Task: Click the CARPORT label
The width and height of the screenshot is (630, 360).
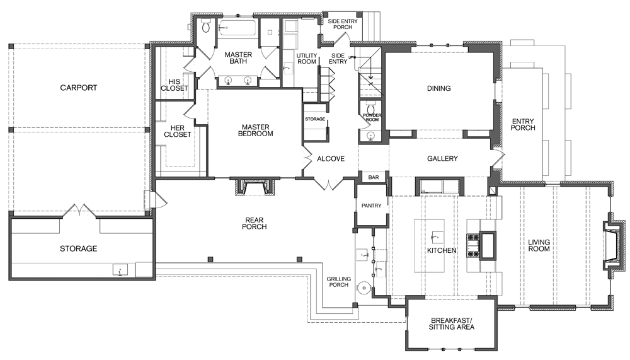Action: [x=79, y=88]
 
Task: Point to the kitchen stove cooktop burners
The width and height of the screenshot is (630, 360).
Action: [x=472, y=245]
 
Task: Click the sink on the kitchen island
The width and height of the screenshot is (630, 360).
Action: [x=434, y=238]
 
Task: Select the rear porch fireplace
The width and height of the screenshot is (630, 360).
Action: [x=256, y=187]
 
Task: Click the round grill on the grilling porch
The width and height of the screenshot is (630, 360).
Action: [x=363, y=288]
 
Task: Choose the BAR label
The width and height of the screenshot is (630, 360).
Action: [x=374, y=178]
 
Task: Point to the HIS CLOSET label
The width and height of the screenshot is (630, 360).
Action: [x=174, y=84]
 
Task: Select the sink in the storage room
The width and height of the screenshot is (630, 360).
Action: [x=120, y=270]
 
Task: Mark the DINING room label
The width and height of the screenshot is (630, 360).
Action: [x=438, y=88]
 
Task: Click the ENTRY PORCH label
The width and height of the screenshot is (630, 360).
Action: [x=523, y=124]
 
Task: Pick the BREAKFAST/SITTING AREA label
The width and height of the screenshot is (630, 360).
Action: [x=451, y=323]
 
